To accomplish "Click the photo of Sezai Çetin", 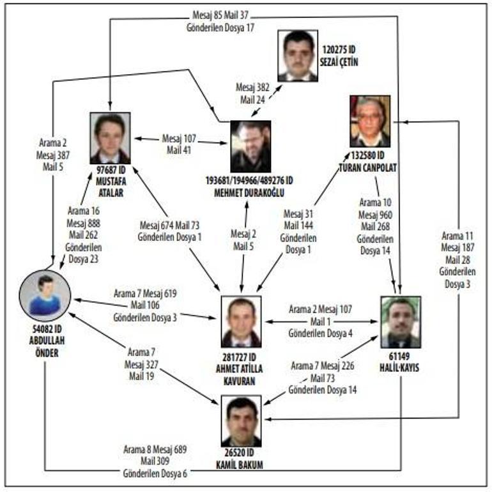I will click(298, 56).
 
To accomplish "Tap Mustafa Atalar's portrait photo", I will click(110, 138).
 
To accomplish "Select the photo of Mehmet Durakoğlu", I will click(250, 146).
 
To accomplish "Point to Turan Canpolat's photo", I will click(370, 121).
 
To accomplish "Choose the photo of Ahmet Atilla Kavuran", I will click(241, 321).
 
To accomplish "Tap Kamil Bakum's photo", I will click(241, 420).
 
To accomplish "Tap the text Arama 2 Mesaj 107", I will click(320, 309).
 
